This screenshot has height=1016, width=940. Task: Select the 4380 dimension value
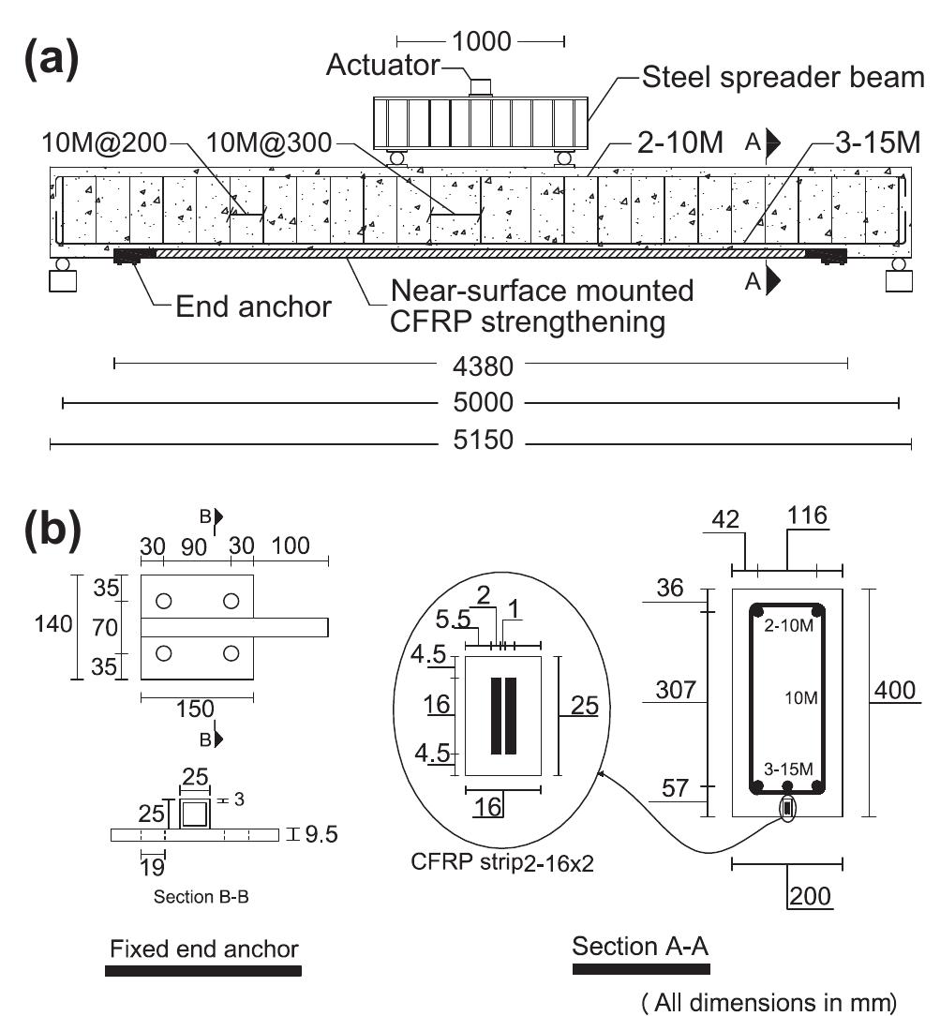click(x=482, y=363)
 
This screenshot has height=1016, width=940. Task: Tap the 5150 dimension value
click(x=482, y=441)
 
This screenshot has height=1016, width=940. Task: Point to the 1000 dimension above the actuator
click(x=482, y=40)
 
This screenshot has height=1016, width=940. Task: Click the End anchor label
click(x=253, y=306)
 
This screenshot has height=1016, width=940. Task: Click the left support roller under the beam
click(x=62, y=265)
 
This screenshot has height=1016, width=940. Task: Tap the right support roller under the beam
click(x=899, y=265)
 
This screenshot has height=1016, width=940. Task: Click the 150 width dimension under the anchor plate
click(x=196, y=709)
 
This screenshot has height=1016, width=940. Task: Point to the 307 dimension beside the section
click(x=677, y=692)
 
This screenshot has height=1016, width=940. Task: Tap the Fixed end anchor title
click(x=204, y=949)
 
